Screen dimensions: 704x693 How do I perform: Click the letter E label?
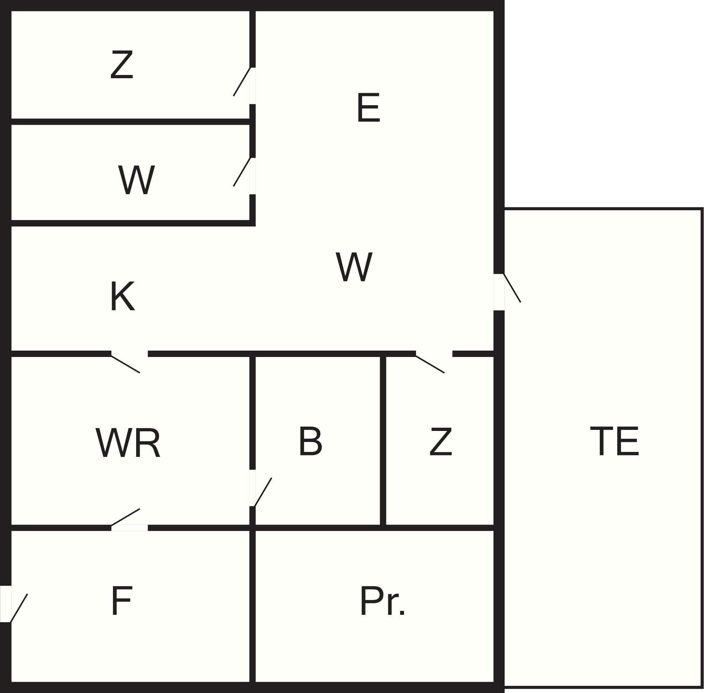[x=369, y=108]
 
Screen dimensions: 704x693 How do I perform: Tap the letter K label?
[x=122, y=296]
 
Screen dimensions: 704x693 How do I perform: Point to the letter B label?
[x=310, y=441]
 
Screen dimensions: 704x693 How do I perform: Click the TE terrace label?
[x=614, y=441]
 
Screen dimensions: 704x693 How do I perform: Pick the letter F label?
[x=121, y=601]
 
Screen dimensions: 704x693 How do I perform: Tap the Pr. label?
[x=382, y=601]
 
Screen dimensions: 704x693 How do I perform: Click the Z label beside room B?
[x=441, y=442]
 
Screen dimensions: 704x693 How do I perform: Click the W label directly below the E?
[x=354, y=267]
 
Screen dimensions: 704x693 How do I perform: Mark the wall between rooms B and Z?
[x=383, y=441]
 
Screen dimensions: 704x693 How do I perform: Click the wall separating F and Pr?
[x=252, y=606]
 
